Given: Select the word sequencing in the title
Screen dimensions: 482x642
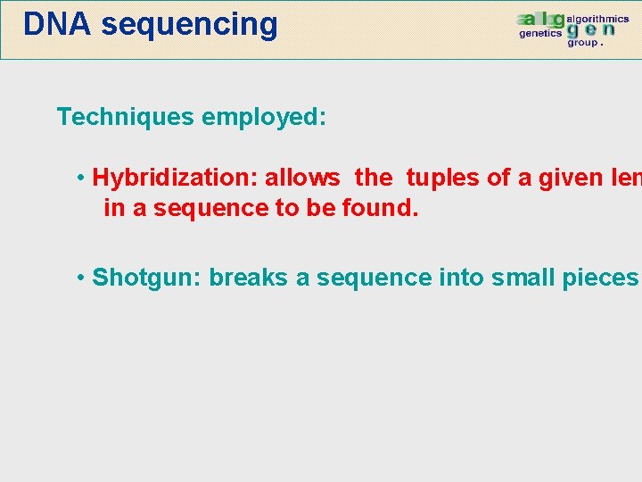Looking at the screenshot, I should [x=189, y=25].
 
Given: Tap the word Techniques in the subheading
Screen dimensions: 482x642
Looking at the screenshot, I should [x=126, y=117].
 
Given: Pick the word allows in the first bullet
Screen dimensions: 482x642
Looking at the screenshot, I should [x=302, y=178].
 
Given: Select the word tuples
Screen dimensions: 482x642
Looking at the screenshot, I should [x=442, y=178].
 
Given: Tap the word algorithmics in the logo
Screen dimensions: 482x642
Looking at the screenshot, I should [x=597, y=19].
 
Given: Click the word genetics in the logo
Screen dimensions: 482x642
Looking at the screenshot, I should [x=540, y=33].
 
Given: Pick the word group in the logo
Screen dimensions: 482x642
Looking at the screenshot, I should [x=583, y=42].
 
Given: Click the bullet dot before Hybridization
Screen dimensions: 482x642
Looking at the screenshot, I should [x=81, y=178].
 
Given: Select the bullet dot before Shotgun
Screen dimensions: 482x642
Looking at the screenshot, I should [x=81, y=278].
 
